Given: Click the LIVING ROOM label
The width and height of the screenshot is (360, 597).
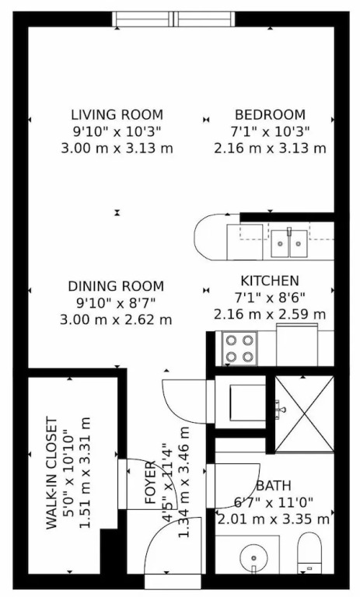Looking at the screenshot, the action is point(117,114).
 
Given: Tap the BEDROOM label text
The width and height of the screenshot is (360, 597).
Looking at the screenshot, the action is point(270,114).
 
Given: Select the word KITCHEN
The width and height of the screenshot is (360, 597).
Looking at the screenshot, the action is point(270,281).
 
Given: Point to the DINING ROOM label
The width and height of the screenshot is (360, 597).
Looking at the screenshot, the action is point(116,286).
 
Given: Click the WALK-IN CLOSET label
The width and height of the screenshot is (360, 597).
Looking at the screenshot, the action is point(52,473).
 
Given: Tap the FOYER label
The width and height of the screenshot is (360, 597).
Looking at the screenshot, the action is point(151,483).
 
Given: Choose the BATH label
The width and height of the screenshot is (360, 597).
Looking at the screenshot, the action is point(274,486).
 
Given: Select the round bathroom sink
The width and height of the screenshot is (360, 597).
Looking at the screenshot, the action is point(254,558).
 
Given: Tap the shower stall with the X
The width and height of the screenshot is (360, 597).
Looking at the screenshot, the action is point(304,414).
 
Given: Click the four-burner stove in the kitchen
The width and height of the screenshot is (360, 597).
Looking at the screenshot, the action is point(239,348).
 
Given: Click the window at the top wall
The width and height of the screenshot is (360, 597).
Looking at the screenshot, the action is point(173,19).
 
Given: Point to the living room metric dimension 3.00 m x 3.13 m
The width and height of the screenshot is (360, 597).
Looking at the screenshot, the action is point(117,148).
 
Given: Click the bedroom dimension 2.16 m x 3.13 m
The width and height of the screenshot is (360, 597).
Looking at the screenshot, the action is point(270,148).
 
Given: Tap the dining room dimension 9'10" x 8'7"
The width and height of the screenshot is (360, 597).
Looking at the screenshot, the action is point(116,303).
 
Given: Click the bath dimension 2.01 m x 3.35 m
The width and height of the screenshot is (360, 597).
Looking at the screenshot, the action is point(274,519).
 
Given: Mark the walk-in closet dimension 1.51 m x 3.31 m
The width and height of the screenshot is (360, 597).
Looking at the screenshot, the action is point(86,473).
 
